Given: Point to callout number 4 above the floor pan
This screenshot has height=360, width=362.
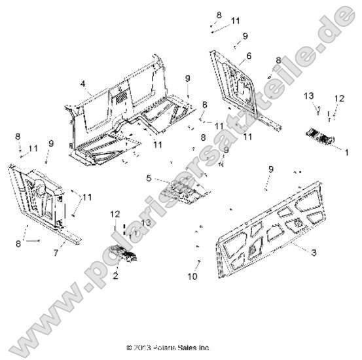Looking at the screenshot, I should point(83,83).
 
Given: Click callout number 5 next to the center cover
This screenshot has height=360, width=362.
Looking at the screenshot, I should point(149,177).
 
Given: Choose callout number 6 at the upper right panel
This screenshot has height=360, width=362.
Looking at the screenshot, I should point(249,56).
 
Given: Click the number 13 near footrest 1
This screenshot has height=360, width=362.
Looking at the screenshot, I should point(310,96).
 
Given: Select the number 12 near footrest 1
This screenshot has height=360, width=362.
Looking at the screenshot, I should point(338,98).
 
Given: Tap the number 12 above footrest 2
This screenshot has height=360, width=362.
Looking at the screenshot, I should point(115,213).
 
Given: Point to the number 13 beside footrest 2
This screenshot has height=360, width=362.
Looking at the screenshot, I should point(145,223).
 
